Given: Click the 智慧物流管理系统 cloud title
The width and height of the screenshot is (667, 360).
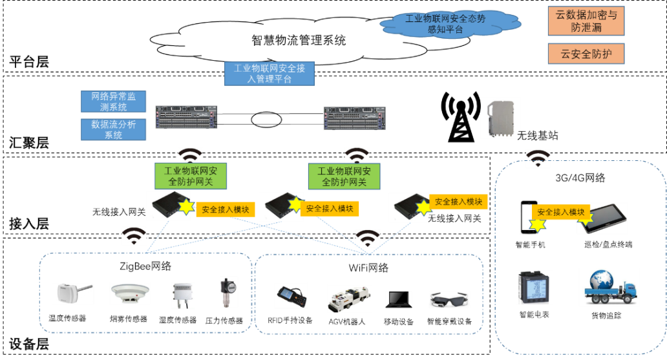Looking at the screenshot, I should tap(299, 40).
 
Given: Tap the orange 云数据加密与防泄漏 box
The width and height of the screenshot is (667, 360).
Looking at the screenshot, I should tap(586, 21).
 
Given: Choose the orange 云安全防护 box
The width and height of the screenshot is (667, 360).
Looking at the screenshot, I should tap(586, 54).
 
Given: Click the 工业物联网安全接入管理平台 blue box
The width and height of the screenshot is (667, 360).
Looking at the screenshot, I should tap(270, 74).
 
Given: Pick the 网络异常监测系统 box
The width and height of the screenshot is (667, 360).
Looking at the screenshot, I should tap(114, 101).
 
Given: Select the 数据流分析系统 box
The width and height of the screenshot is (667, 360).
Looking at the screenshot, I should tap(114, 129).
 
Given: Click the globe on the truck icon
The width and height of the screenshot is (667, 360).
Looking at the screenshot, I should tap(600, 280).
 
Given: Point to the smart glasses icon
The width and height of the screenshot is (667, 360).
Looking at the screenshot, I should tap(449, 299).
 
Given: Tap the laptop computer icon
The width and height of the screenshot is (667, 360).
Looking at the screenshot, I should tap(399, 299).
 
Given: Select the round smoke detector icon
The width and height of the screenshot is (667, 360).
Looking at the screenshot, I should tap(129, 293).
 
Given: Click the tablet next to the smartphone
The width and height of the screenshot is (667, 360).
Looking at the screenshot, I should tap(603, 218).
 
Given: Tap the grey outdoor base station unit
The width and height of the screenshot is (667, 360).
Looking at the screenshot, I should tap(500, 118).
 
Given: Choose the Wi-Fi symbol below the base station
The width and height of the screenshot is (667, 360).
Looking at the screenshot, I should tap(538, 158).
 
